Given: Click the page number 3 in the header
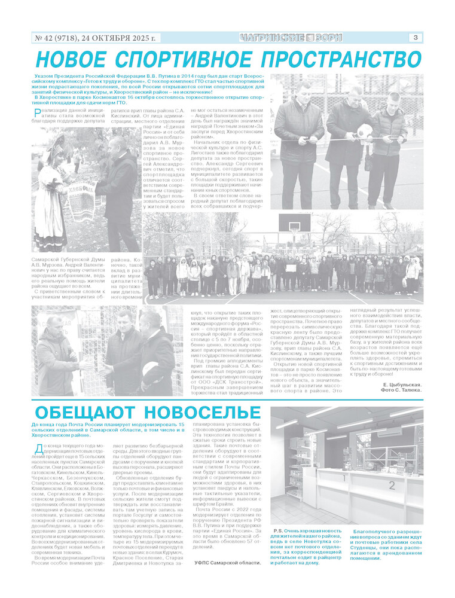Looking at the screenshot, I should coord(414,38).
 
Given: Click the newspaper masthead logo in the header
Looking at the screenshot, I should coord(291,38).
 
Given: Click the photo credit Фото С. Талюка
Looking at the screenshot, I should coord(401,390).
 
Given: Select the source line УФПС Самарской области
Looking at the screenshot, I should coord(227,563).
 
